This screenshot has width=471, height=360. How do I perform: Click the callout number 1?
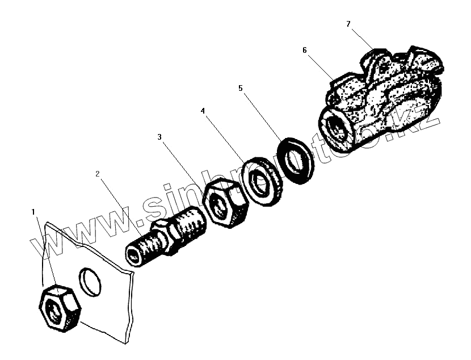coord(34,212)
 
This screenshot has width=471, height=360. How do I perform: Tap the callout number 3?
coord(160,137)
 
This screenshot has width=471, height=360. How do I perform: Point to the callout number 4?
coord(203,111)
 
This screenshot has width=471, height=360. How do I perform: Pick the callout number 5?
coord(241,89)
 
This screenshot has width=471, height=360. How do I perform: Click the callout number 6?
coord(304,50)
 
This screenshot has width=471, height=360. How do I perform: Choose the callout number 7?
coord(348,24)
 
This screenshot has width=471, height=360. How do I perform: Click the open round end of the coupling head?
coord(336,125)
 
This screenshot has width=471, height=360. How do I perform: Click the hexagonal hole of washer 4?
coord(261,183)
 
